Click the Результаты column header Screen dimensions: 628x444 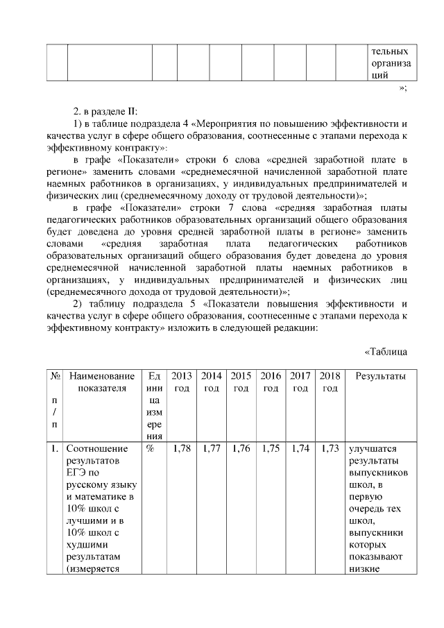click(380, 376)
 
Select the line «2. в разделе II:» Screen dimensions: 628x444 click(105, 111)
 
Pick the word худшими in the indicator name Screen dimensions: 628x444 click(87, 545)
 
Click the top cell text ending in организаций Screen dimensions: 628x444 click(390, 64)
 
